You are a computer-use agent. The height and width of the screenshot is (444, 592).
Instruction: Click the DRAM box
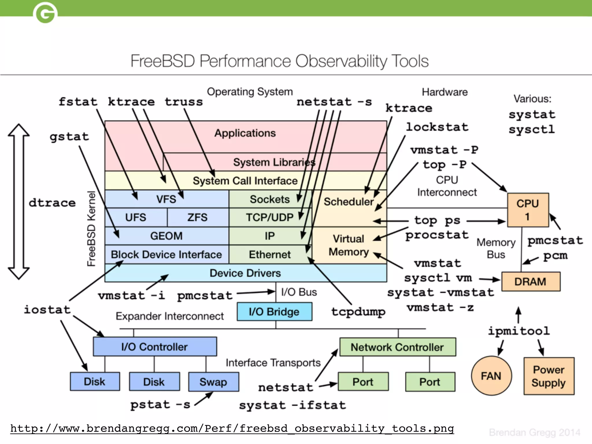tap(531, 281)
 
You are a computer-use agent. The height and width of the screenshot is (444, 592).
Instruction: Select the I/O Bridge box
tap(274, 312)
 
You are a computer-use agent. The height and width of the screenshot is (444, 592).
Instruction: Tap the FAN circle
tap(491, 375)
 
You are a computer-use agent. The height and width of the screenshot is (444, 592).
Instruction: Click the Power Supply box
tap(549, 376)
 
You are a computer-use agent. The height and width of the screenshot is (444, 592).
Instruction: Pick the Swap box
tap(213, 382)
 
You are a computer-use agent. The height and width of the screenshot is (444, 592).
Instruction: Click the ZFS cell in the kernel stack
tap(198, 217)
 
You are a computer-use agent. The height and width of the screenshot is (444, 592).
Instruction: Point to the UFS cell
tap(136, 217)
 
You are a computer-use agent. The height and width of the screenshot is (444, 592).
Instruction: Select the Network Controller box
tap(397, 347)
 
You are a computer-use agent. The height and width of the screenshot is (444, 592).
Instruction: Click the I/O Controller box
tap(155, 347)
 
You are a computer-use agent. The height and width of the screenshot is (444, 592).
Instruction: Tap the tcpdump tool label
tap(358, 312)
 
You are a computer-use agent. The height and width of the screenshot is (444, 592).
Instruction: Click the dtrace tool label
tap(52, 203)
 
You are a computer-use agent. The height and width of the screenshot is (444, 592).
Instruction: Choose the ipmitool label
tap(519, 331)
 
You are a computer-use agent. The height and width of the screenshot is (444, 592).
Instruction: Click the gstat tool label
tap(69, 136)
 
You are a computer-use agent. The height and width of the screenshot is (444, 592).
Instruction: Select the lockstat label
tap(437, 127)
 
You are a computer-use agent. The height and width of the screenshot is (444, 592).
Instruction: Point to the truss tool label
tap(184, 102)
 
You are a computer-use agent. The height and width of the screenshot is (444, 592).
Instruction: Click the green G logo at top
tap(45, 13)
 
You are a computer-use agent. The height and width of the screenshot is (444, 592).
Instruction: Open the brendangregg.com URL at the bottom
tap(232, 428)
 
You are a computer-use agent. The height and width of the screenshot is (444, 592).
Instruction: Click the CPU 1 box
tap(528, 210)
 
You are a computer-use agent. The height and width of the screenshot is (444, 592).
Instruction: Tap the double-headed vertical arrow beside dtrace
tap(19, 201)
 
